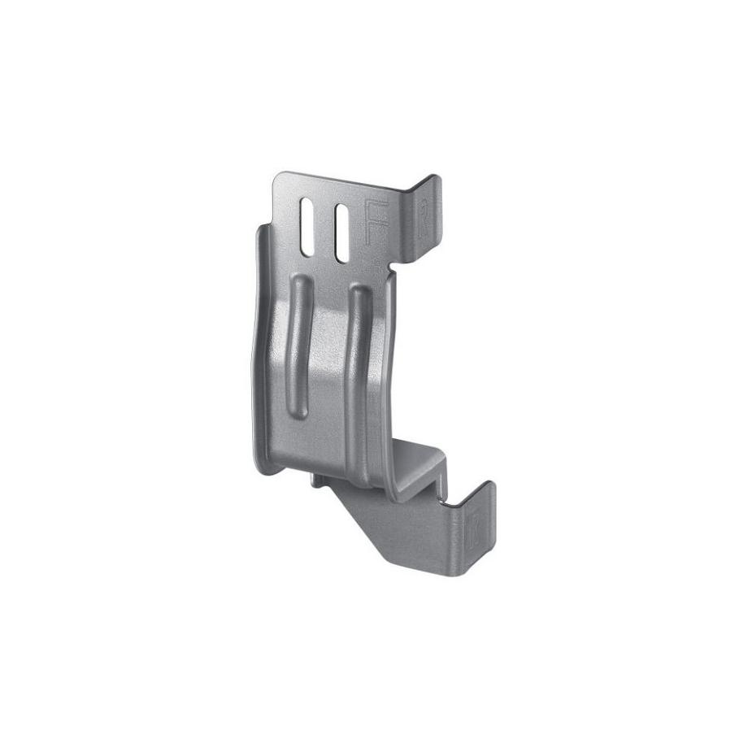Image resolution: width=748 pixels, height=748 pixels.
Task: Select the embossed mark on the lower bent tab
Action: click(473, 528)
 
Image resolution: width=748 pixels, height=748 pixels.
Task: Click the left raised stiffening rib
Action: click(299, 346)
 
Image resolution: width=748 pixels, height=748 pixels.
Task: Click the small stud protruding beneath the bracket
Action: click(316, 481)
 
